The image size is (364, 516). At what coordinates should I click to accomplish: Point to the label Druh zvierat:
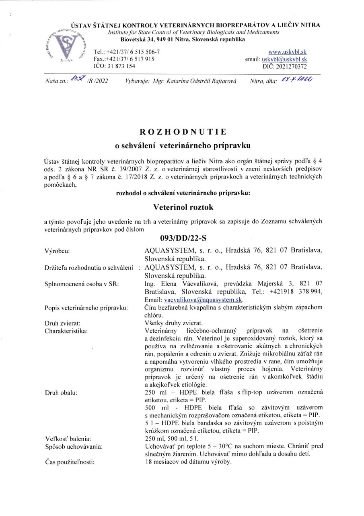tap(62, 323)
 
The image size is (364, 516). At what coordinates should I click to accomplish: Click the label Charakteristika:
tap(66, 331)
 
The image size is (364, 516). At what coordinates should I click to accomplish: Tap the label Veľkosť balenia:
tap(68, 438)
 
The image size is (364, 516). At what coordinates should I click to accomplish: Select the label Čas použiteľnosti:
tap(69, 462)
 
